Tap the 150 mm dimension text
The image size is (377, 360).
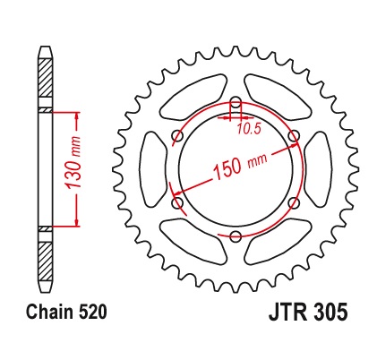[x=240, y=165]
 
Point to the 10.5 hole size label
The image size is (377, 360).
[x=249, y=129]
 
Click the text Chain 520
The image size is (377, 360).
[x=66, y=313]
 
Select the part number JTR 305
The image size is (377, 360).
[x=308, y=313]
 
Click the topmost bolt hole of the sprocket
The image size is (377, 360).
[x=236, y=101]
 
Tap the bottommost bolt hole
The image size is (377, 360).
[x=236, y=236]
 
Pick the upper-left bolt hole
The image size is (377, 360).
[x=177, y=135]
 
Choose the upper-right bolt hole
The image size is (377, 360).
[x=294, y=135]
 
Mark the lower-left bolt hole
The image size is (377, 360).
[x=177, y=202]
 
